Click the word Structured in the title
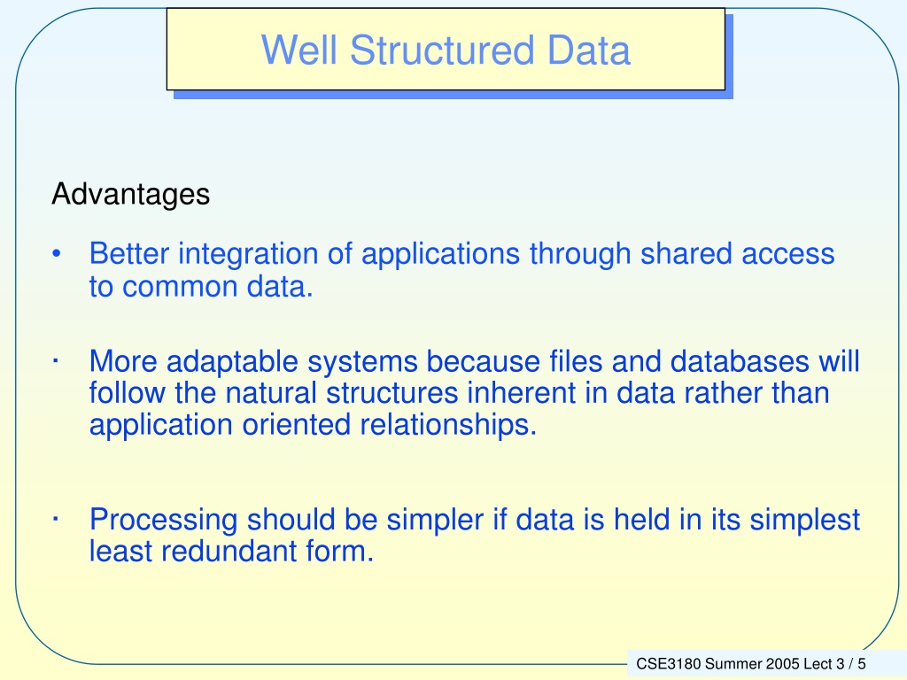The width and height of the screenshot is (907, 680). pyautogui.click(x=443, y=50)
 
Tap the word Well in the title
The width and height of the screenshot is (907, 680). pyautogui.click(x=299, y=50)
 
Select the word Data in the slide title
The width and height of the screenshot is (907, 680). pyautogui.click(x=589, y=50)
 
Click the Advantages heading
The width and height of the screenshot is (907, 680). pyautogui.click(x=131, y=195)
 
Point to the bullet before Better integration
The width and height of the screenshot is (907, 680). pyautogui.click(x=56, y=254)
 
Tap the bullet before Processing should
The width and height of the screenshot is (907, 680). pyautogui.click(x=56, y=519)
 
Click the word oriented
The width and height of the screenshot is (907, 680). pyautogui.click(x=296, y=425)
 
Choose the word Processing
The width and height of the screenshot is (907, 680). pyautogui.click(x=163, y=521)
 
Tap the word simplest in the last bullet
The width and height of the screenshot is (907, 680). pyautogui.click(x=805, y=521)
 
